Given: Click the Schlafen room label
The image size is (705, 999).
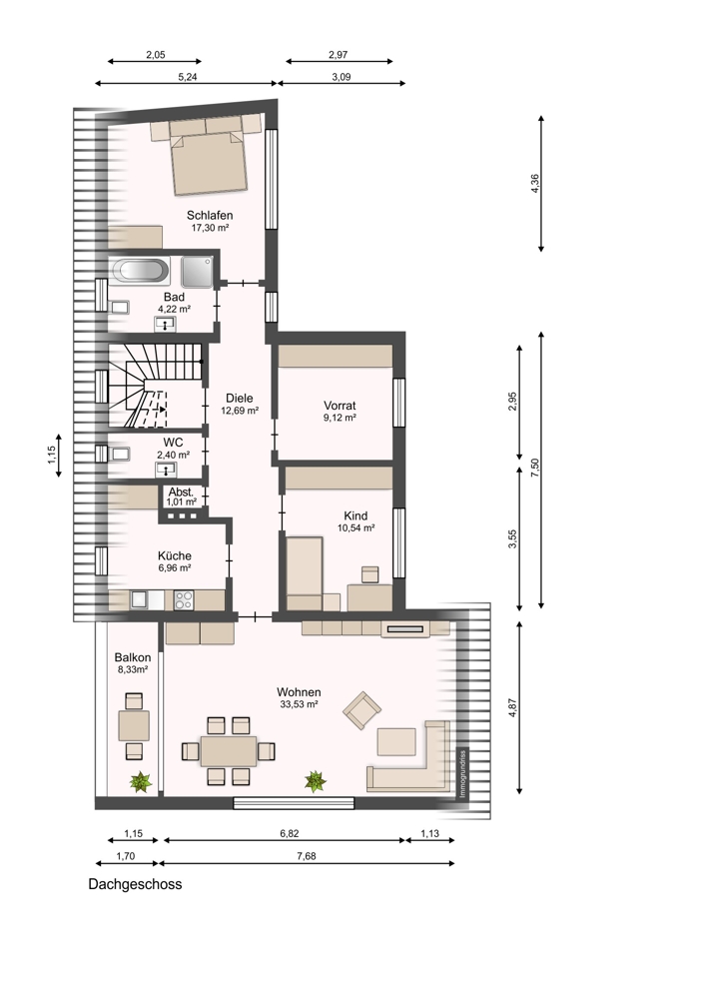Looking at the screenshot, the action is tap(210, 215).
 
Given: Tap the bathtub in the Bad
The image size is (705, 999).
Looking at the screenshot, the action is tap(140, 270).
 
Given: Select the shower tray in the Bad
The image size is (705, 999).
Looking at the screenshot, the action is tap(197, 272).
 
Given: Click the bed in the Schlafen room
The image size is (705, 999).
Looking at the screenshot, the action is tap(209, 163).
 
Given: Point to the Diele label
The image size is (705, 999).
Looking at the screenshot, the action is tap(240, 399).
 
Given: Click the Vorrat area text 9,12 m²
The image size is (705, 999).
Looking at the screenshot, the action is tap(340, 418).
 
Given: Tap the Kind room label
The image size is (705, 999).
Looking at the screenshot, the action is tap(355, 515).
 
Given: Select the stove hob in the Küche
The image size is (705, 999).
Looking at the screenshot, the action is tap(184, 600).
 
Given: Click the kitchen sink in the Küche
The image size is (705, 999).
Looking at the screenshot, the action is tap(140, 600).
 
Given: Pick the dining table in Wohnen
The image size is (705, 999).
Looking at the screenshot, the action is tap(229, 751).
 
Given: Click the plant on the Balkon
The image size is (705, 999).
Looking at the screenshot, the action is tap(141, 781).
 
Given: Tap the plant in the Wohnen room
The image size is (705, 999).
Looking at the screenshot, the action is tap(315, 781).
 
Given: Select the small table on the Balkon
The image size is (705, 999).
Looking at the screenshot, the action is tap(134, 726).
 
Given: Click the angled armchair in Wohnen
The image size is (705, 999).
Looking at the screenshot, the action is tap(361, 710).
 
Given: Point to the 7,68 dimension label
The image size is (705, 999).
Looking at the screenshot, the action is tap(307, 856).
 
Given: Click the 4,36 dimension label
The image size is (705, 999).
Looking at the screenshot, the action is tap(535, 184).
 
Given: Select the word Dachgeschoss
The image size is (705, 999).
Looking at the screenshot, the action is tap(135, 884).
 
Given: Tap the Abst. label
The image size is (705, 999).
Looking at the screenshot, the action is tap(181, 493).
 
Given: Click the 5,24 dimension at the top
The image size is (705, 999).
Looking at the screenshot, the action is tap(188, 77).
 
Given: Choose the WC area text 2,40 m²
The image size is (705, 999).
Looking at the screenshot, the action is tap(173, 455).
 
